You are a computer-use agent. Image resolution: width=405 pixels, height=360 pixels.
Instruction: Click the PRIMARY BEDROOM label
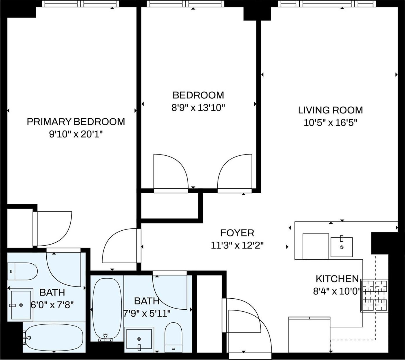pos(76,122)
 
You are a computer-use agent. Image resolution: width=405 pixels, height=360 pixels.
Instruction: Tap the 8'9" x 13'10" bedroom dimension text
pos(198,108)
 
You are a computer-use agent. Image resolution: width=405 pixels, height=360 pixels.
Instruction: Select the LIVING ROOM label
pos(330,110)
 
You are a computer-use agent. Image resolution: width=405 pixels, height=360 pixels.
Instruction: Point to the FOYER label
pos(237,233)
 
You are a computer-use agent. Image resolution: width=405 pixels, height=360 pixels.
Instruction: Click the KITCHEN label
pos(337,279)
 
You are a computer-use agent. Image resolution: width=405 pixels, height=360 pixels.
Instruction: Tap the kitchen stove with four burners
pos(375,295)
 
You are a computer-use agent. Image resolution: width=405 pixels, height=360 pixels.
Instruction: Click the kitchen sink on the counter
pos(342,247)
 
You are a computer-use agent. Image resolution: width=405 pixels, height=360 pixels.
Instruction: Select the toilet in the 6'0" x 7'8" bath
pos(23,271)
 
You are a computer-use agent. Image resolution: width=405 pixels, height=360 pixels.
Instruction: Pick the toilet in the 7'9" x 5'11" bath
pos(173,337)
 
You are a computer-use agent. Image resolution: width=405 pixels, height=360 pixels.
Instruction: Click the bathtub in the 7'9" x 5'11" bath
pos(107,309)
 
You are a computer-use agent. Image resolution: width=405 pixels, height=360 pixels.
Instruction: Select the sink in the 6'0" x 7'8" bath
pos(21,305)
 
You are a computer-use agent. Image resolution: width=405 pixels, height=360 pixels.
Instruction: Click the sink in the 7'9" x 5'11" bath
pos(139,339)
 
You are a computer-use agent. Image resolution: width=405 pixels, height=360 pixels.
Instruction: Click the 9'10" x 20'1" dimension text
pos(76,135)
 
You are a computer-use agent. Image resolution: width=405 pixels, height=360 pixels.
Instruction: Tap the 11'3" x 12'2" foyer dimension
pos(237,246)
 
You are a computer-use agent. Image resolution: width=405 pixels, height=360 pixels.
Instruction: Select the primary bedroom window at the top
pos(80,4)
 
